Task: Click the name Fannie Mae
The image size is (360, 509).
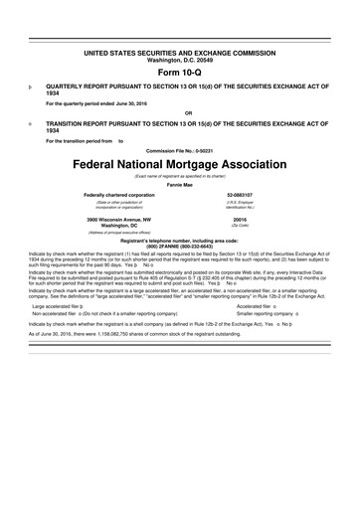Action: [180, 184]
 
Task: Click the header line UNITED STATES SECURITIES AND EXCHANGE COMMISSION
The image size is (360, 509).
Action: [180, 50]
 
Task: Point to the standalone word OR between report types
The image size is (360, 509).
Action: [180, 113]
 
